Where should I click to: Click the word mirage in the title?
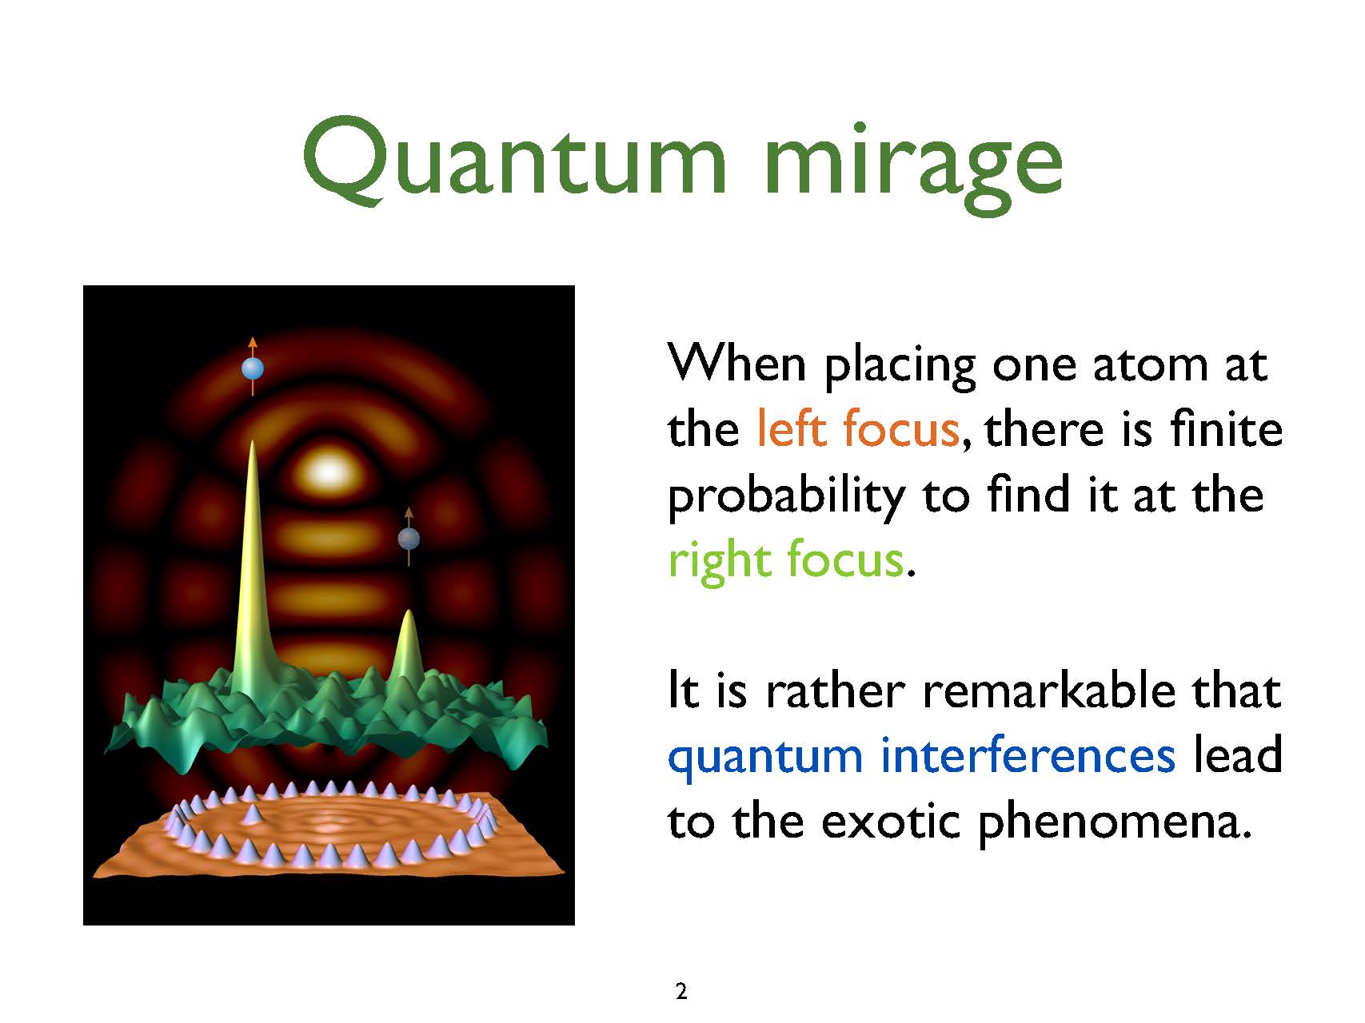pyautogui.click(x=913, y=164)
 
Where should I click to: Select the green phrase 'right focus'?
pyautogui.click(x=786, y=561)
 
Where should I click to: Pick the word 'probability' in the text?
pyautogui.click(x=785, y=496)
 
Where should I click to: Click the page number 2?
pyautogui.click(x=681, y=992)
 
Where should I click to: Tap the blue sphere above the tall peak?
pyautogui.click(x=253, y=368)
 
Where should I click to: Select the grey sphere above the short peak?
pyautogui.click(x=409, y=538)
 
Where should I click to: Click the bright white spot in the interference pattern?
pyautogui.click(x=329, y=472)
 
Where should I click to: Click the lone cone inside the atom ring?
pyautogui.click(x=253, y=814)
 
